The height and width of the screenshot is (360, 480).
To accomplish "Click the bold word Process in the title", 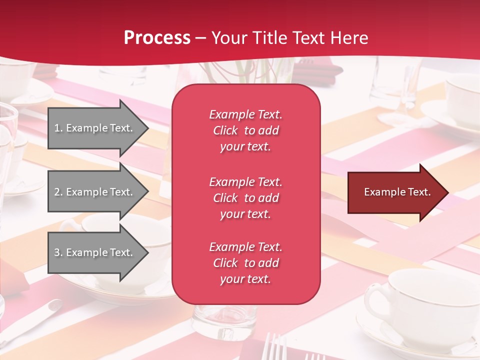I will click(157, 38).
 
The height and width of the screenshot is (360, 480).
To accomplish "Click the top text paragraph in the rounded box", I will click(245, 130).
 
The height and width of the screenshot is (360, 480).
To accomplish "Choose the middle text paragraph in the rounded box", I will click(245, 198).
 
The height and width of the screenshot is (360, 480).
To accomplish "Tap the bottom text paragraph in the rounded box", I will click(245, 263).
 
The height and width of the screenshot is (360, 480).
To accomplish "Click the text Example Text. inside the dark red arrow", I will click(397, 192).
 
